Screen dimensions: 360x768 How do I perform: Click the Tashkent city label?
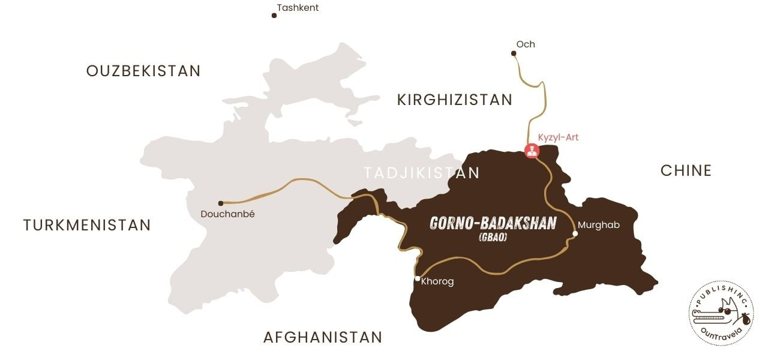click(298, 8)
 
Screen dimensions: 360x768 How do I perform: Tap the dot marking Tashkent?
click(274, 15)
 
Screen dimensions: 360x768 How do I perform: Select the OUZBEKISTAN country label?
click(143, 71)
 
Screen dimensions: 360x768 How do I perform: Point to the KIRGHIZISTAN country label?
click(455, 100)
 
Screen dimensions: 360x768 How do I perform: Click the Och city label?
click(526, 44)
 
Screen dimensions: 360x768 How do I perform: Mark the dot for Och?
click(514, 53)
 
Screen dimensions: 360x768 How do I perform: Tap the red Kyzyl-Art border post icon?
click(532, 150)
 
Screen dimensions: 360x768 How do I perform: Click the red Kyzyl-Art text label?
click(558, 137)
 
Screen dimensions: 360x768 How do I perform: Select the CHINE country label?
click(686, 170)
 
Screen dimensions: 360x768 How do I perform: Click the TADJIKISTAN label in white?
click(421, 173)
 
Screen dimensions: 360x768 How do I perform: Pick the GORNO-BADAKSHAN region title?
click(493, 223)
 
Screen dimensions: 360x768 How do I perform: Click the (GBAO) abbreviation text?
click(493, 238)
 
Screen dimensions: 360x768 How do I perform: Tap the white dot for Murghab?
click(575, 233)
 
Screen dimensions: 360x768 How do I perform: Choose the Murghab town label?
click(599, 225)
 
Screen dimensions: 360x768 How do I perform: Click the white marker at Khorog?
click(417, 278)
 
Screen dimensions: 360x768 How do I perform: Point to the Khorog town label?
click(437, 281)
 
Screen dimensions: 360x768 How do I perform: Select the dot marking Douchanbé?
click(221, 203)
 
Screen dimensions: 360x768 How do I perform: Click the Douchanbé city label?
click(227, 214)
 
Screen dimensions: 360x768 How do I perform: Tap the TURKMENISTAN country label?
click(87, 225)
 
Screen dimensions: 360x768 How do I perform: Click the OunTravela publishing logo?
click(721, 313)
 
